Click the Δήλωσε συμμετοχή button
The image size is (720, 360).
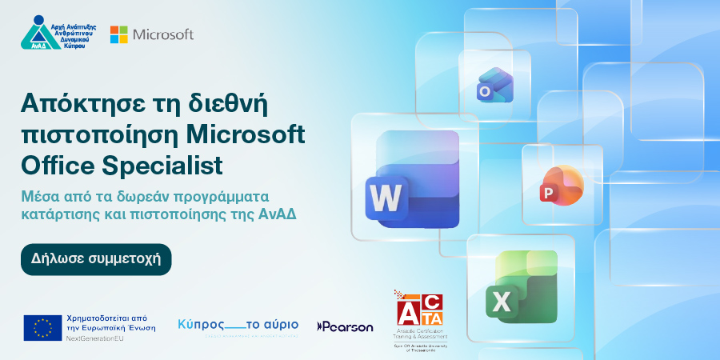coord(96,259)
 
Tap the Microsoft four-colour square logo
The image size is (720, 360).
coord(119,34)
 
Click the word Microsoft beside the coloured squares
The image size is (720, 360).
coord(163,34)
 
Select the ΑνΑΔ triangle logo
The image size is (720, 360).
coord(39,33)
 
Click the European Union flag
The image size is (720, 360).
coord(42,327)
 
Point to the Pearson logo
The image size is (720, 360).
coord(345,326)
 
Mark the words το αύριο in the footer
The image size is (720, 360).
coord(271,324)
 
